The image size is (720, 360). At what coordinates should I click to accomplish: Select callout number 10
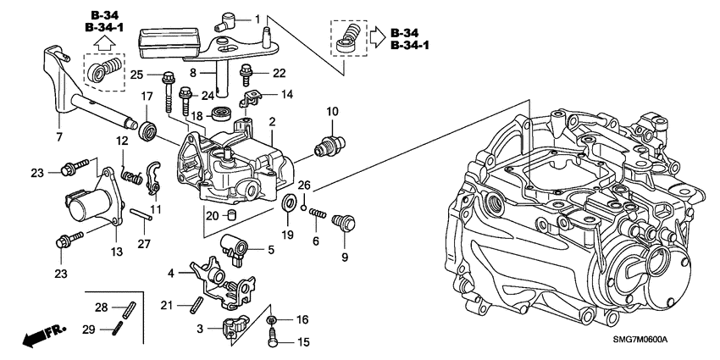click(x=331, y=111)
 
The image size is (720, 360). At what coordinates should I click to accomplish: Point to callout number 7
click(x=58, y=136)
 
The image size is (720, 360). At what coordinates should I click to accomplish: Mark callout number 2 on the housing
click(x=273, y=123)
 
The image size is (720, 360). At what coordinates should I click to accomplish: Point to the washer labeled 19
click(x=288, y=203)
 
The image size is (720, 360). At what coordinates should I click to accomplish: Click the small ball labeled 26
click(x=302, y=201)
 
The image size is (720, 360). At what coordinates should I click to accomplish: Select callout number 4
click(x=172, y=273)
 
